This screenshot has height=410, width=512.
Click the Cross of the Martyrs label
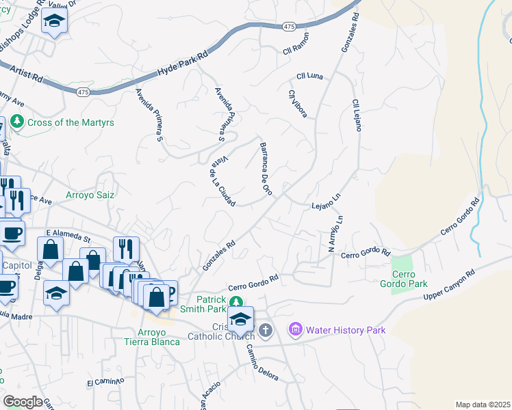(70, 122)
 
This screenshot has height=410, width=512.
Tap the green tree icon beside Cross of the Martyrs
(16, 122)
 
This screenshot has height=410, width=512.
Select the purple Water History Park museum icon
(296, 330)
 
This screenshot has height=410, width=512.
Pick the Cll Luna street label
(309, 76)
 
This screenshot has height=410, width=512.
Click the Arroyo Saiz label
(90, 195)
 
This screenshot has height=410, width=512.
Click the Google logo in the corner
(23, 402)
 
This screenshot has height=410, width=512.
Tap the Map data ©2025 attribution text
(483, 405)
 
